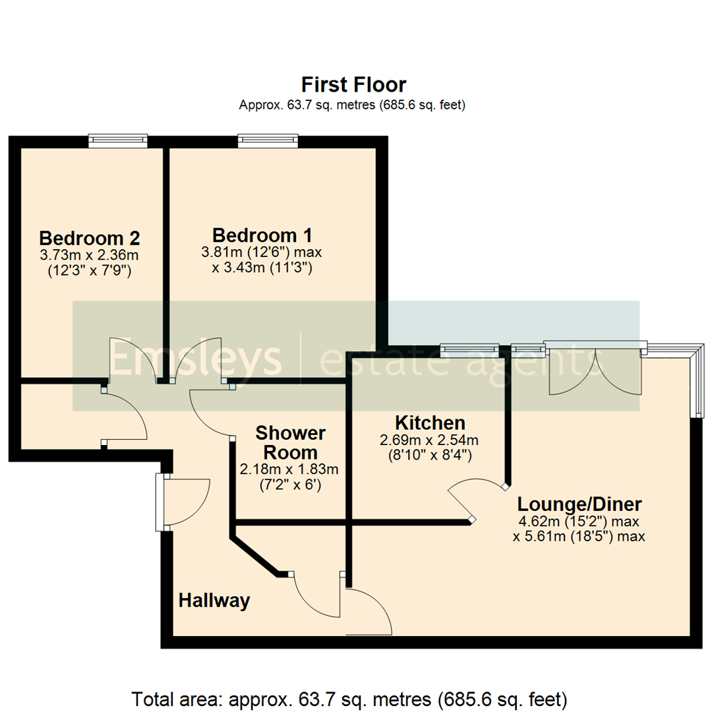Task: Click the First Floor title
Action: tap(354, 85)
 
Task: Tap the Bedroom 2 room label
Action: tap(89, 237)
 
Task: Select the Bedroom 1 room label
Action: tap(262, 235)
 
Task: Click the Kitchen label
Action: tap(430, 423)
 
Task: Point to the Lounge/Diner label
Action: tap(579, 505)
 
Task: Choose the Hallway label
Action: tap(214, 601)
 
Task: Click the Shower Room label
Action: tap(290, 443)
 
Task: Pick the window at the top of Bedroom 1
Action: tap(268, 140)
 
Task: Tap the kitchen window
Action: tap(469, 348)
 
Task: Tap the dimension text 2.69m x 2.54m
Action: tap(429, 440)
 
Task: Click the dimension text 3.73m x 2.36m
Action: tap(89, 254)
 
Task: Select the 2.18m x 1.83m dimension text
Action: tap(289, 470)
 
